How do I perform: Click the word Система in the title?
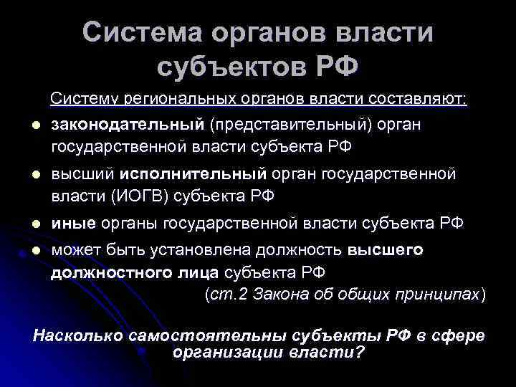click(x=143, y=33)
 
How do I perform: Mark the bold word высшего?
click(x=387, y=249)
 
